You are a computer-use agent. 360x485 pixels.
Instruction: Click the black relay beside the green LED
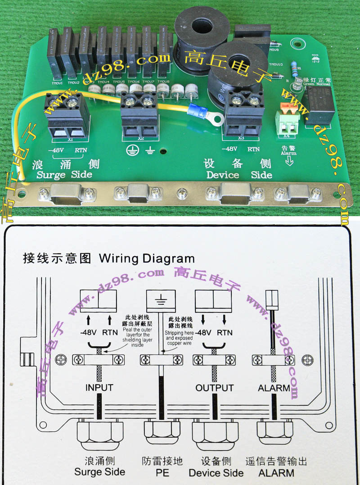pyautogui.click(x=319, y=105)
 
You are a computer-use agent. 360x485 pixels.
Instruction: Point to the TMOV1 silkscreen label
pyautogui.click(x=57, y=83)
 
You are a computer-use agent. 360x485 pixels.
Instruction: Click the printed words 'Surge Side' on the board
pyautogui.click(x=64, y=175)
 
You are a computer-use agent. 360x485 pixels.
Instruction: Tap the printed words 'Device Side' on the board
pyautogui.click(x=239, y=175)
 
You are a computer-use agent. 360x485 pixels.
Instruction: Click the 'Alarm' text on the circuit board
pyautogui.click(x=289, y=153)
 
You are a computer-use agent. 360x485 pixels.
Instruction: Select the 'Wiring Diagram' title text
pyautogui.click(x=147, y=259)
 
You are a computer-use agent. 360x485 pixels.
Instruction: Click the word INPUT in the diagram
pyautogui.click(x=99, y=388)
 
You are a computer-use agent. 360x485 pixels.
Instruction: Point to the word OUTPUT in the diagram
pyautogui.click(x=215, y=388)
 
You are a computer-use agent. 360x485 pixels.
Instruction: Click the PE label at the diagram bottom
pyautogui.click(x=162, y=473)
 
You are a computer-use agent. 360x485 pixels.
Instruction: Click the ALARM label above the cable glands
pyautogui.click(x=274, y=388)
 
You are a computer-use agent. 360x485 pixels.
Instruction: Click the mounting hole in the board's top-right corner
pyautogui.click(x=296, y=44)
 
